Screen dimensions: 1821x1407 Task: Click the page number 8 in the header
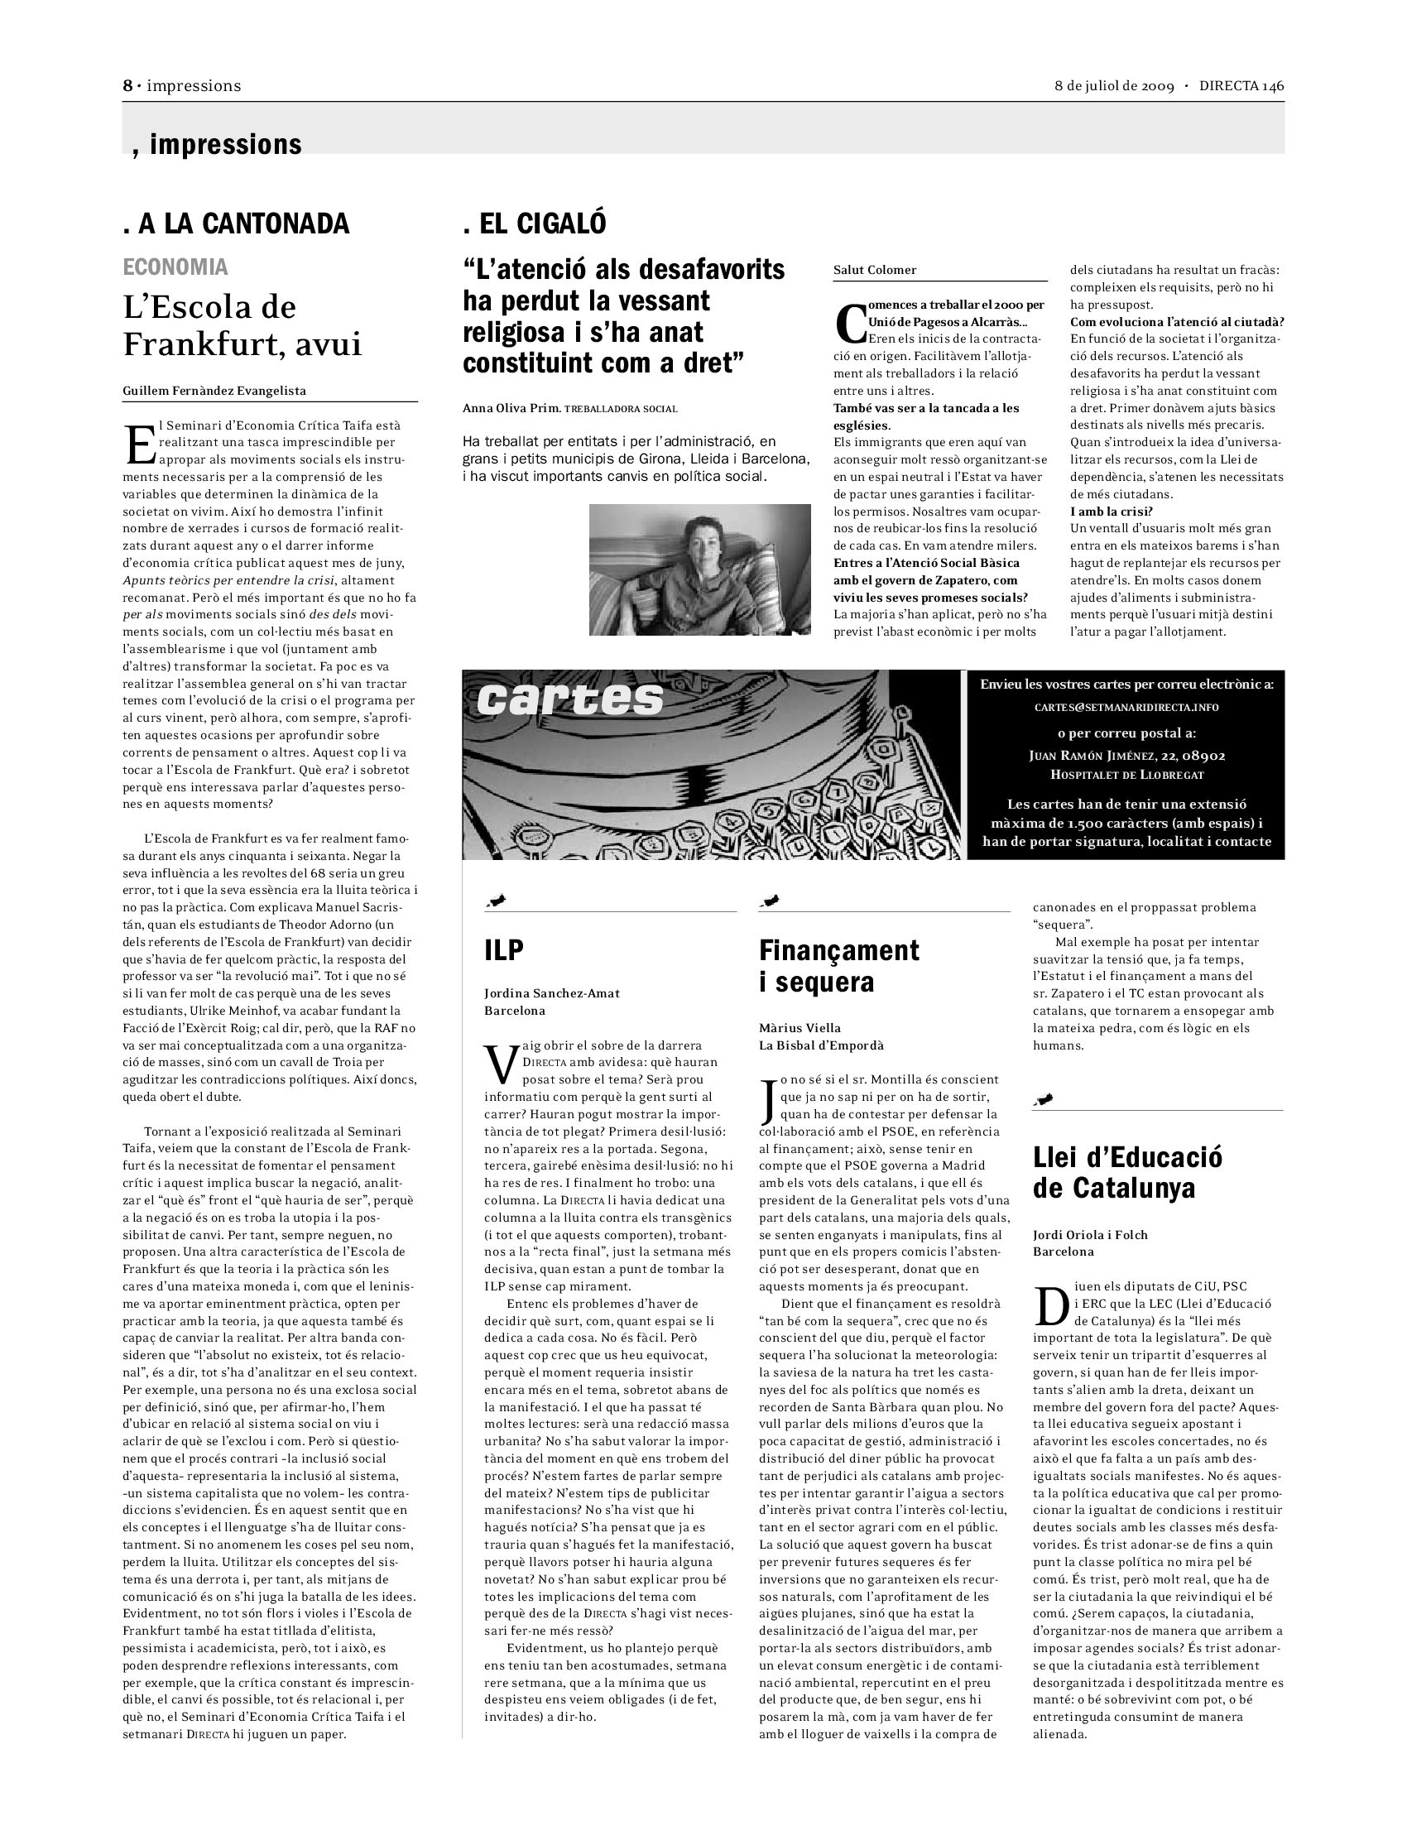[x=128, y=86]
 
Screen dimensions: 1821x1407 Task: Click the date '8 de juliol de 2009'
[x=1113, y=86]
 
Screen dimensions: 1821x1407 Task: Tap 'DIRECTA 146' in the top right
[x=1241, y=86]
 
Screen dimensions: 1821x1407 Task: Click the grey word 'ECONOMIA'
[x=175, y=267]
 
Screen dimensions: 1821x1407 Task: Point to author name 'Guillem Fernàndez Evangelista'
[x=214, y=390]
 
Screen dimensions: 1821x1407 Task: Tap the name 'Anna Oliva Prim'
[x=511, y=409]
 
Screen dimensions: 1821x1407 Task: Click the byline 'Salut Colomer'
[x=874, y=270]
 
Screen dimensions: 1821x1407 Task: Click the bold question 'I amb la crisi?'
[x=1111, y=511]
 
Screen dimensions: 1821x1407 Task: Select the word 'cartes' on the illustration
[x=570, y=700]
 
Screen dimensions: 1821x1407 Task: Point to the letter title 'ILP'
[x=503, y=950]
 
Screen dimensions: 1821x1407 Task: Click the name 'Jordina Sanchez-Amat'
[x=552, y=993]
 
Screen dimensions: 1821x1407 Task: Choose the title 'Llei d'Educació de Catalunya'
[x=1127, y=1172]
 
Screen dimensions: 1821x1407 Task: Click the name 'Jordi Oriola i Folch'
[x=1089, y=1235]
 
